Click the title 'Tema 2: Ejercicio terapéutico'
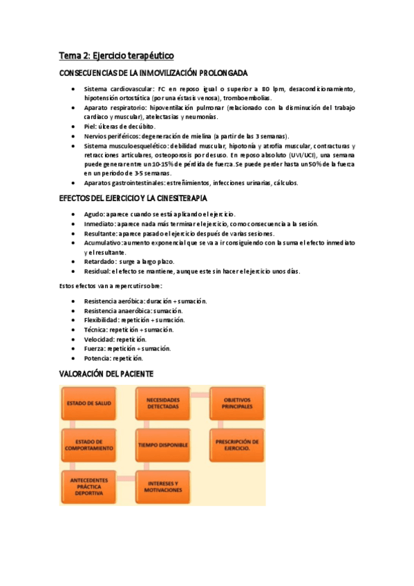(x=115, y=55)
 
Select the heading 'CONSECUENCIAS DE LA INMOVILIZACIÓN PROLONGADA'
(x=153, y=73)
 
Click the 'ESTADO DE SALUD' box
(x=88, y=403)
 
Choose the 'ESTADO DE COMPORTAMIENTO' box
(x=88, y=444)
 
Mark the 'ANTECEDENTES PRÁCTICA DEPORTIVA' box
(x=88, y=486)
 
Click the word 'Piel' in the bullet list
(x=90, y=127)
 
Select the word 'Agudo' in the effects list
(x=94, y=214)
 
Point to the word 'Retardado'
(x=100, y=262)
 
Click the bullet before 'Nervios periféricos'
(x=73, y=137)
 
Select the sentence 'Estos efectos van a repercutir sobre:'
(x=111, y=286)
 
